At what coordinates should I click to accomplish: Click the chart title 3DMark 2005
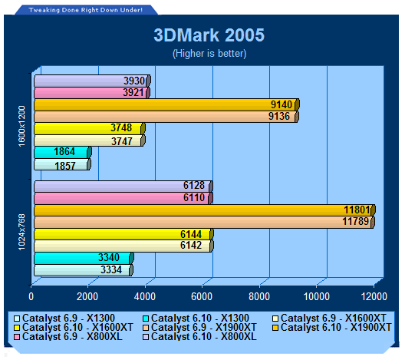tap(209, 35)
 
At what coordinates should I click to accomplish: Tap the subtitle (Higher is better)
tap(209, 54)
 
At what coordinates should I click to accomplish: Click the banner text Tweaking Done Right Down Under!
tap(85, 10)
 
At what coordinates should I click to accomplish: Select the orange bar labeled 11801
tap(205, 210)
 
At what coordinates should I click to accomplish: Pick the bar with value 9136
tap(166, 117)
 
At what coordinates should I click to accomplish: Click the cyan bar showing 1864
tap(63, 152)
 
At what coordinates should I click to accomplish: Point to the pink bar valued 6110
tap(123, 198)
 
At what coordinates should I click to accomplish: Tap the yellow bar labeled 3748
tap(90, 128)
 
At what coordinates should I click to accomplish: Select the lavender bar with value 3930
tap(92, 81)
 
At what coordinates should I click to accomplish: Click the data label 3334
tap(111, 269)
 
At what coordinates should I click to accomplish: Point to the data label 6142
tap(191, 245)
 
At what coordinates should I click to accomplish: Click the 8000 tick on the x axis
tap(259, 296)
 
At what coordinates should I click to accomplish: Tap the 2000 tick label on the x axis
tap(87, 296)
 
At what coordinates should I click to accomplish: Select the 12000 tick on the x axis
tap(374, 296)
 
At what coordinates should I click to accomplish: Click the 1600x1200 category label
tap(22, 126)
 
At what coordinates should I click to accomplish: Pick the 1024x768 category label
tap(22, 232)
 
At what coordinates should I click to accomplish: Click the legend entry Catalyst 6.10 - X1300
tap(196, 318)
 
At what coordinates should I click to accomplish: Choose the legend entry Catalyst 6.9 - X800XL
tap(68, 336)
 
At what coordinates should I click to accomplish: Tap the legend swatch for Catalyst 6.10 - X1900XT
tap(275, 328)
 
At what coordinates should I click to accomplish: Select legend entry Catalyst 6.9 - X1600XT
tap(329, 318)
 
